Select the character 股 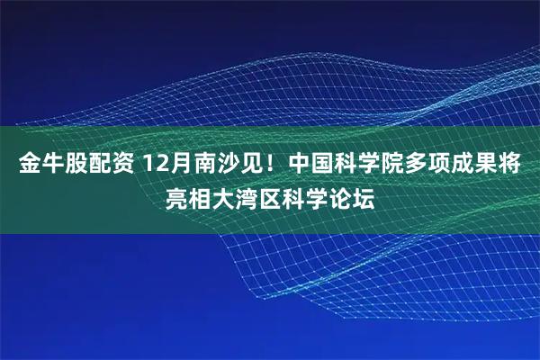tap(71, 165)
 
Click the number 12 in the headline tap(156, 165)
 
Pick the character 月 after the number tap(181, 165)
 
